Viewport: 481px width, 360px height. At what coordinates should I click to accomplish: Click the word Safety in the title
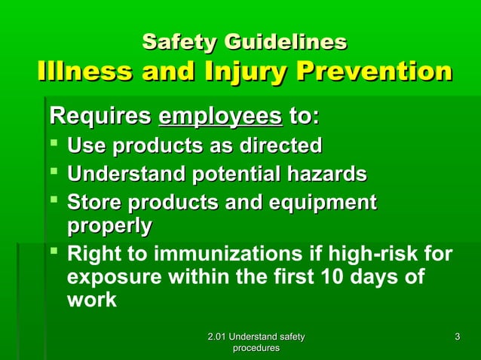point(176,41)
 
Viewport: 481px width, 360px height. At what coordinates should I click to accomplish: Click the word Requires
point(99,117)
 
